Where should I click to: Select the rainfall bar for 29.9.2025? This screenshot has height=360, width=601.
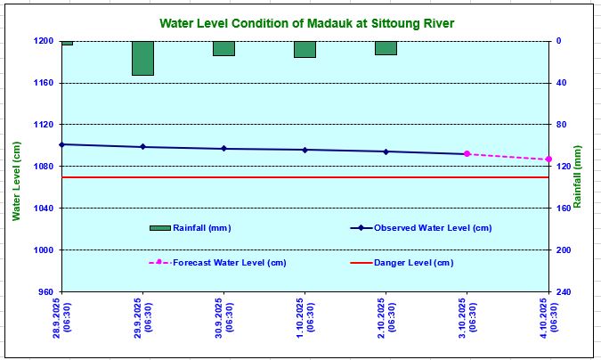point(142,58)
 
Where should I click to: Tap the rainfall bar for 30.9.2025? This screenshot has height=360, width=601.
point(223,48)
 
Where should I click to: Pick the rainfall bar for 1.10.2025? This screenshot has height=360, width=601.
point(305,49)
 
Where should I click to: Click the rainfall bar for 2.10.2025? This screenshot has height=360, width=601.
point(386,48)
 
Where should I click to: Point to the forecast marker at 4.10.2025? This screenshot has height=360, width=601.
point(548,160)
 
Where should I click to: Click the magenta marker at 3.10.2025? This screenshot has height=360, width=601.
point(467,154)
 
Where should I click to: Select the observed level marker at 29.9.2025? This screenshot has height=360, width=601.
point(142,147)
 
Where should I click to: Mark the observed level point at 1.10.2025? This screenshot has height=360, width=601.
point(305,150)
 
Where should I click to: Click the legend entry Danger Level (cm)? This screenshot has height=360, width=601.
point(412,263)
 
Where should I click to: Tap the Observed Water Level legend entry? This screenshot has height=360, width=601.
point(432,228)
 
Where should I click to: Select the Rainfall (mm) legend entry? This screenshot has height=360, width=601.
point(201,228)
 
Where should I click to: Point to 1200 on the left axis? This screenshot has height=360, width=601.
point(45,41)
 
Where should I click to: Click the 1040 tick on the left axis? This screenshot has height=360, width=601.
point(45,209)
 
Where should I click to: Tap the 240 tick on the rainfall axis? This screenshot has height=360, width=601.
point(564,292)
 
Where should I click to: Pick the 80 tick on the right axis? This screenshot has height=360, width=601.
point(561,125)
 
